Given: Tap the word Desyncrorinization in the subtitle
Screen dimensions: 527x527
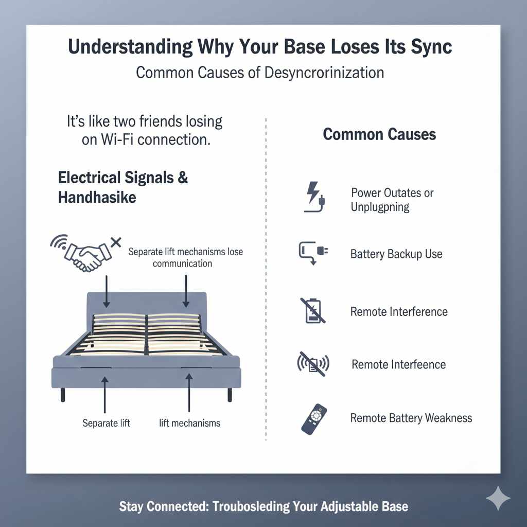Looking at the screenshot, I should click(324, 72).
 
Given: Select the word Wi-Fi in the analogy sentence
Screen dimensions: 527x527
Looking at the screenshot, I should click(117, 140).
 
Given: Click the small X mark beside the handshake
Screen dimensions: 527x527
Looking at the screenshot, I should click(116, 241).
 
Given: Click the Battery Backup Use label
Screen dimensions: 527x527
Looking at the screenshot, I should click(396, 254).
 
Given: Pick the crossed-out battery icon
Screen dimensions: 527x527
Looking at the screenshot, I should click(312, 310).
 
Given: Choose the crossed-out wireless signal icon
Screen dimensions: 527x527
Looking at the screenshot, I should click(313, 364).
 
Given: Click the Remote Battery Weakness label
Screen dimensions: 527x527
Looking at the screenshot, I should click(411, 417).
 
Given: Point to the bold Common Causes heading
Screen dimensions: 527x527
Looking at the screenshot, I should click(379, 135).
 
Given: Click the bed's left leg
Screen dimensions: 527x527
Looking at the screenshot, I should click(63, 394).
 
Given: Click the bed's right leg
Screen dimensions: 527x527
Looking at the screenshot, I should click(230, 394).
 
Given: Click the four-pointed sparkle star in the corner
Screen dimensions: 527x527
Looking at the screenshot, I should click(498, 499).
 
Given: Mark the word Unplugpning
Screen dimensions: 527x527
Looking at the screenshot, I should click(380, 207).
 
